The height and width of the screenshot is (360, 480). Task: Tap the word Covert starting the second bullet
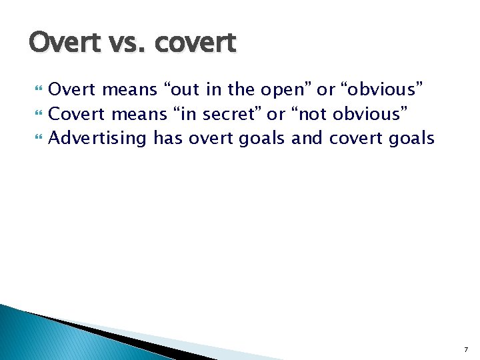coord(77,114)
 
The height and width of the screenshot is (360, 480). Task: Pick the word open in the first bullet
coord(283,89)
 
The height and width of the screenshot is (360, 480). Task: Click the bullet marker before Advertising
coord(37,139)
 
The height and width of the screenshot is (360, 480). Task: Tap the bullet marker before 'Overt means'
coord(37,89)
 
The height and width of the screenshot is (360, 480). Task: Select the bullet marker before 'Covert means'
coord(37,114)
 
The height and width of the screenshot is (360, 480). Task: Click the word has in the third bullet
coord(168,139)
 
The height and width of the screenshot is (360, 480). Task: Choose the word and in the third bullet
coord(307,139)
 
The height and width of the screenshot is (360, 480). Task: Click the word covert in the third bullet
coord(355,139)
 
